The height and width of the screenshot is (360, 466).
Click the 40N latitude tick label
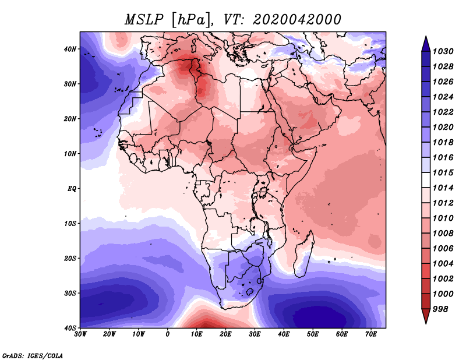pyautogui.click(x=70, y=49)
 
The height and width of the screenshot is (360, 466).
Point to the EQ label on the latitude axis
pyautogui.click(x=72, y=189)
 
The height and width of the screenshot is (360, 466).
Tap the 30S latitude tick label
pyautogui.click(x=70, y=293)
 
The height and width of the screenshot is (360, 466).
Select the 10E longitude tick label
pyautogui.click(x=196, y=334)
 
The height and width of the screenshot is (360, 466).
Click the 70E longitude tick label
pyautogui.click(x=370, y=334)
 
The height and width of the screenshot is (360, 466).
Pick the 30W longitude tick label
pyautogui.click(x=80, y=334)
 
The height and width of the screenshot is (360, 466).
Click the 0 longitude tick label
pyautogui.click(x=168, y=334)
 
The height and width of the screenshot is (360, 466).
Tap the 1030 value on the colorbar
pyautogui.click(x=443, y=51)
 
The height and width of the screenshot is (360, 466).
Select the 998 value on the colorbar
pyautogui.click(x=440, y=309)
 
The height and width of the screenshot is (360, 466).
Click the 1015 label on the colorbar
pyautogui.click(x=443, y=172)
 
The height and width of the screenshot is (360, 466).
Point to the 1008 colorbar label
pyautogui.click(x=443, y=234)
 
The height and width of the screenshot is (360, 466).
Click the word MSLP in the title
pyautogui.click(x=144, y=20)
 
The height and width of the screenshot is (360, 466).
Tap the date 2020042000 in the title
pyautogui.click(x=296, y=20)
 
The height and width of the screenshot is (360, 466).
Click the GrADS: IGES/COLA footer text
pyautogui.click(x=33, y=355)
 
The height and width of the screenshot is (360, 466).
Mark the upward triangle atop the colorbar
pyautogui.click(x=426, y=44)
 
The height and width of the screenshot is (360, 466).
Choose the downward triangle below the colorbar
pyautogui.click(x=426, y=316)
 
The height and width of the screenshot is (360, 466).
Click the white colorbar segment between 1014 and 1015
pyautogui.click(x=426, y=180)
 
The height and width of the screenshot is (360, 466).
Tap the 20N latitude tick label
pyautogui.click(x=70, y=119)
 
